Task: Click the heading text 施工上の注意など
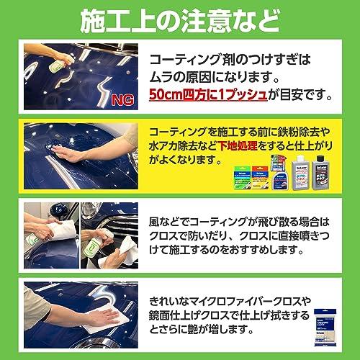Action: click(x=180, y=18)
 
